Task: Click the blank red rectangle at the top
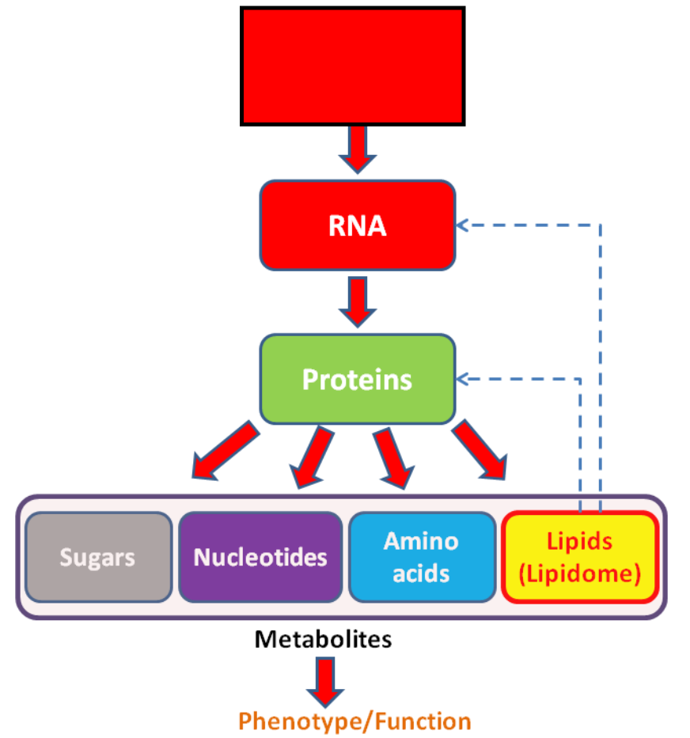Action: tap(353, 66)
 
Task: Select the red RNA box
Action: tap(358, 225)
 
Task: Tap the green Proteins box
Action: tap(358, 380)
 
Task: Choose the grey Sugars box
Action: tap(98, 558)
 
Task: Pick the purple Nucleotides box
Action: tap(260, 558)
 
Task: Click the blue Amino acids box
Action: tap(422, 558)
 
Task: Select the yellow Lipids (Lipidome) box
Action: tap(580, 558)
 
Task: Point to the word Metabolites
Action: tap(323, 639)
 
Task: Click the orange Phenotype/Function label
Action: tap(354, 721)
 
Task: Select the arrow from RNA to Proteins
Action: tap(358, 302)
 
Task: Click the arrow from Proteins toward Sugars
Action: tap(225, 451)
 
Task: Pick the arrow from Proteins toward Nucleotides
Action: tap(311, 457)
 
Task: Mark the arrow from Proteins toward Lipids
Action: tap(480, 450)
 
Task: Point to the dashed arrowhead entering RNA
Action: tap(461, 225)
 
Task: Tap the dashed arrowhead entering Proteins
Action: tap(461, 379)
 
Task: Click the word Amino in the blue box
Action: tap(421, 541)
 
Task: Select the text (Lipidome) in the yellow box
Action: tap(580, 573)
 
